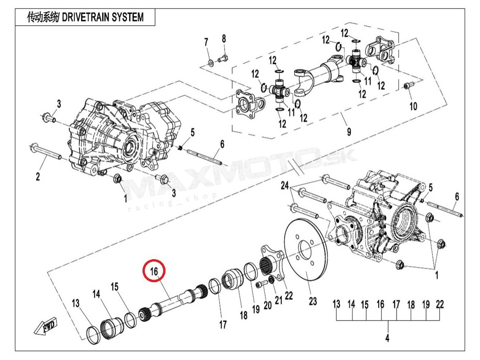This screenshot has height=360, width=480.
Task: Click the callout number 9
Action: click(x=349, y=132)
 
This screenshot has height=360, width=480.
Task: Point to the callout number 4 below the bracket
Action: click(x=387, y=338)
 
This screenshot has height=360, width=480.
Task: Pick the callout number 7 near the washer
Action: click(x=206, y=43)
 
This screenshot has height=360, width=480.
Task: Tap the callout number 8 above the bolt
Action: click(x=224, y=38)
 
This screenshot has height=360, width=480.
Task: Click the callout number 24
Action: click(x=285, y=186)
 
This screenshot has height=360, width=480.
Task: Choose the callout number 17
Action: click(x=223, y=324)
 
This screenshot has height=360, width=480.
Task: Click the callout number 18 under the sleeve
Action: click(x=243, y=315)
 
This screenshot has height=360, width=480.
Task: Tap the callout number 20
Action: click(x=268, y=306)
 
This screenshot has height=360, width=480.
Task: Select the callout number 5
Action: click(x=192, y=131)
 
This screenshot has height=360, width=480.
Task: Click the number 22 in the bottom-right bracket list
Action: click(x=439, y=304)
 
